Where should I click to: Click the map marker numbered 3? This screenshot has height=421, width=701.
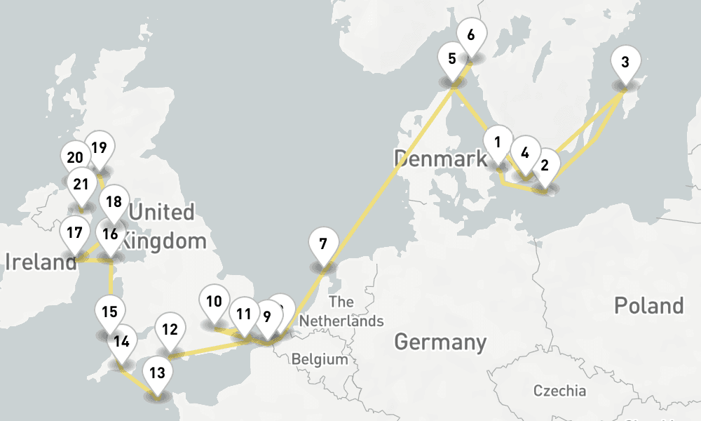(625, 62)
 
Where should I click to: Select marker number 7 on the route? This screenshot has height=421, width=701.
(322, 245)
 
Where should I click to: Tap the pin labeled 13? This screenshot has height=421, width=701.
(157, 373)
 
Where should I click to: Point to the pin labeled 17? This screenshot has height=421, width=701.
(74, 234)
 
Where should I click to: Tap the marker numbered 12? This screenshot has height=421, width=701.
(169, 330)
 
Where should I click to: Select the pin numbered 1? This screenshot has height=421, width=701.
(498, 142)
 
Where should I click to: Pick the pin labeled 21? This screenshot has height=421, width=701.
(81, 185)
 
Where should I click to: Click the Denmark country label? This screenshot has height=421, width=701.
(440, 159)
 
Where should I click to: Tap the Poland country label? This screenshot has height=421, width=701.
(648, 305)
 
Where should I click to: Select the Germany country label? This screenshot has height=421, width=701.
(440, 342)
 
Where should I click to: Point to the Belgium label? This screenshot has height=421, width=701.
(320, 359)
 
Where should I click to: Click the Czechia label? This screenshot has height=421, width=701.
(559, 391)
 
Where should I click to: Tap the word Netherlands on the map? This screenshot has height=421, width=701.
(341, 321)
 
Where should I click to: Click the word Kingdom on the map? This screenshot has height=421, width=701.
(163, 242)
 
